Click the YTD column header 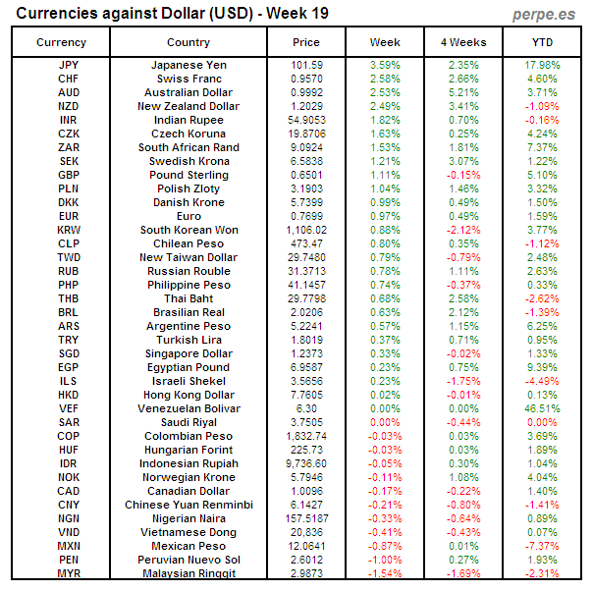pos(542,42)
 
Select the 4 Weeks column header pos(463,42)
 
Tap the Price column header pos(306,42)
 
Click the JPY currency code pos(69,65)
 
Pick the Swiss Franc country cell pos(189,79)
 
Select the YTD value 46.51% pos(542,408)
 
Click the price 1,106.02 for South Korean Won pos(306,230)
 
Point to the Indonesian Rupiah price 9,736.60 pos(306,463)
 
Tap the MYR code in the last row pos(69,573)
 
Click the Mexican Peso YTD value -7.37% pos(542,546)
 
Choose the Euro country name pos(189,216)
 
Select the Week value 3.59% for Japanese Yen pos(385,65)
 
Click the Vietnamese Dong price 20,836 pos(306,532)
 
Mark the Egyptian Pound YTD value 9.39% pos(542,367)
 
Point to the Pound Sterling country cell pos(189,175)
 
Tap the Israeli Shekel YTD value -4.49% pos(542,381)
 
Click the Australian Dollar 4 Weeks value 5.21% pos(463,92)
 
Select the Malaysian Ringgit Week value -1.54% pos(385,573)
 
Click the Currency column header pos(61,42)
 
